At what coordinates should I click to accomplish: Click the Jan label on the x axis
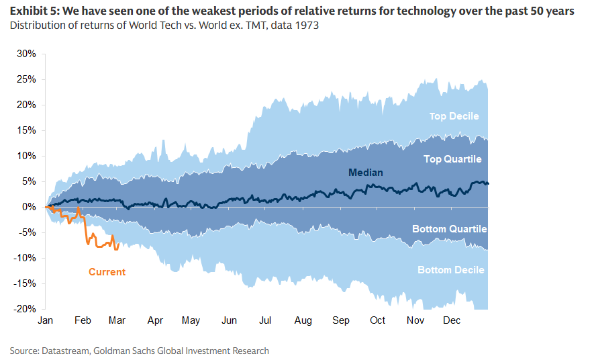point(46,320)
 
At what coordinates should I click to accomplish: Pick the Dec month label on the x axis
point(451,320)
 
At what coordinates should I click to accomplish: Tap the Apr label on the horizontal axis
point(156,320)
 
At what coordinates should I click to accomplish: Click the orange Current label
point(107,272)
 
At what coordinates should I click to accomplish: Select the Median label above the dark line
point(366,173)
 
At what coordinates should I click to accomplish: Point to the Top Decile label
point(454,116)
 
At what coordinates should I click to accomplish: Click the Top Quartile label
point(452,159)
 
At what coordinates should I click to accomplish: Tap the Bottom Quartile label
point(449,229)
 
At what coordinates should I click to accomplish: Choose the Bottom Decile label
point(451,270)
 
